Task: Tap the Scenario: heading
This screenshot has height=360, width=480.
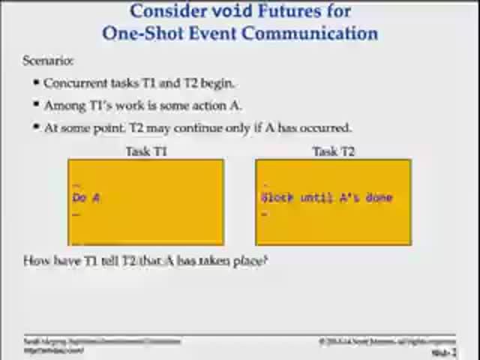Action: [48, 61]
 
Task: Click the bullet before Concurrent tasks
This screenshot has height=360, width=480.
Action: [36, 83]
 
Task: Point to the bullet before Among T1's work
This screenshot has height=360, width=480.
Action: [36, 105]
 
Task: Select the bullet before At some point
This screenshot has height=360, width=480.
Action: [36, 127]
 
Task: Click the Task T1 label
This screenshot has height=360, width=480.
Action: [146, 151]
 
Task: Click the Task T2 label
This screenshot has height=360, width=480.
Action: [333, 151]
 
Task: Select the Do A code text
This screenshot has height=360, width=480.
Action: [86, 198]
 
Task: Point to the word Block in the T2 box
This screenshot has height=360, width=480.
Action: [277, 198]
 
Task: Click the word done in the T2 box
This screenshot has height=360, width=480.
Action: [379, 198]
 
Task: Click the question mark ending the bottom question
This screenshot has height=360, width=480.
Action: [264, 261]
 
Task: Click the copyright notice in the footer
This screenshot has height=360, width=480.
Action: [386, 341]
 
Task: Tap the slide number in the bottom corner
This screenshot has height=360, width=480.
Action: [444, 352]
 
